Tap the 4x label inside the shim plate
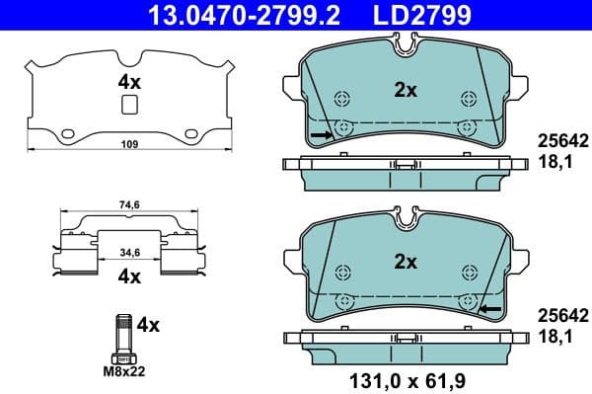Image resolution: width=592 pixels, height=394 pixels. click(129, 82)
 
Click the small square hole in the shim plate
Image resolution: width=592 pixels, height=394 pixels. click(129, 107)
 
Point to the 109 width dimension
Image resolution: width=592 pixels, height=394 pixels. click(129, 144)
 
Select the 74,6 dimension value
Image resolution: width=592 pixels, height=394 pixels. click(129, 206)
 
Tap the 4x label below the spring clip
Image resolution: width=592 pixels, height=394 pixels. click(129, 276)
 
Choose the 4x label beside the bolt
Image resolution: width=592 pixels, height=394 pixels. click(149, 323)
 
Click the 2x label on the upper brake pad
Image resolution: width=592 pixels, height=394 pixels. click(406, 90)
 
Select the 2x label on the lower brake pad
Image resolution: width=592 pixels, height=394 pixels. click(406, 263)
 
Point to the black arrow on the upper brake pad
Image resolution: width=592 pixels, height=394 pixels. click(321, 133)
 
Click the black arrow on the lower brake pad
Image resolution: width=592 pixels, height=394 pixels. click(488, 310)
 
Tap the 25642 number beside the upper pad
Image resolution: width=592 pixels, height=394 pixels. click(562, 140)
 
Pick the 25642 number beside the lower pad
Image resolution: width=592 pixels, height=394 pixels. click(562, 316)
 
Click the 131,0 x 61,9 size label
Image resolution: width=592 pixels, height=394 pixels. click(406, 377)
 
